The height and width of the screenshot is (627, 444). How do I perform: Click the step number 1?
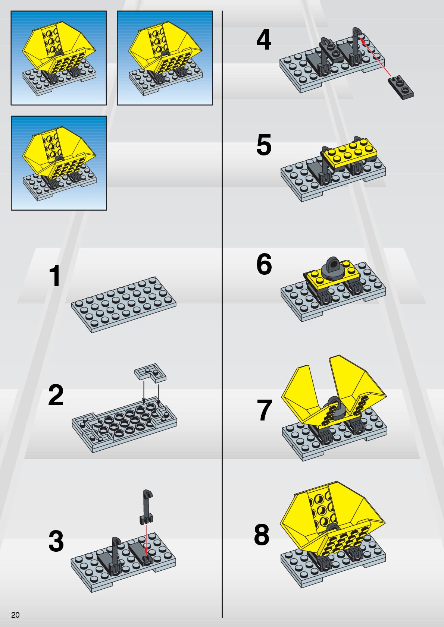point(55,276)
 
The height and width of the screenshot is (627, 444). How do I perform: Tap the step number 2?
point(56,395)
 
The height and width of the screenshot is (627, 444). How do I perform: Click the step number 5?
point(264,145)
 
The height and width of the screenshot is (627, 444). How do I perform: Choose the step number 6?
point(264,264)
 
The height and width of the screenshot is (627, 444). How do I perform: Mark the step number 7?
point(265,410)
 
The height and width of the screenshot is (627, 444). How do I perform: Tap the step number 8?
point(262,535)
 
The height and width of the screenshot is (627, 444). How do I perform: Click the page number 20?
point(15,615)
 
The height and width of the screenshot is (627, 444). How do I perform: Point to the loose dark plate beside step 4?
point(401,87)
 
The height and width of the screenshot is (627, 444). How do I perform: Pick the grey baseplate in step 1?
point(123,305)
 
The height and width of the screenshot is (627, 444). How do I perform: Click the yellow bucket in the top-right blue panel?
point(165,48)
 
